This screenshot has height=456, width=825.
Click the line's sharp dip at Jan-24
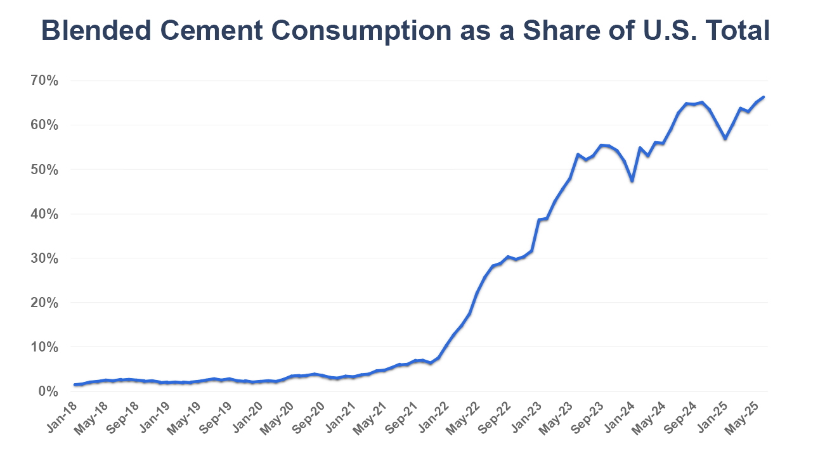[632, 180]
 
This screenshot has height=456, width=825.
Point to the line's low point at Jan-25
[725, 139]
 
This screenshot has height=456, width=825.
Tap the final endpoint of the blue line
[763, 97]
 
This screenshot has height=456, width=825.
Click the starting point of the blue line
[75, 384]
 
